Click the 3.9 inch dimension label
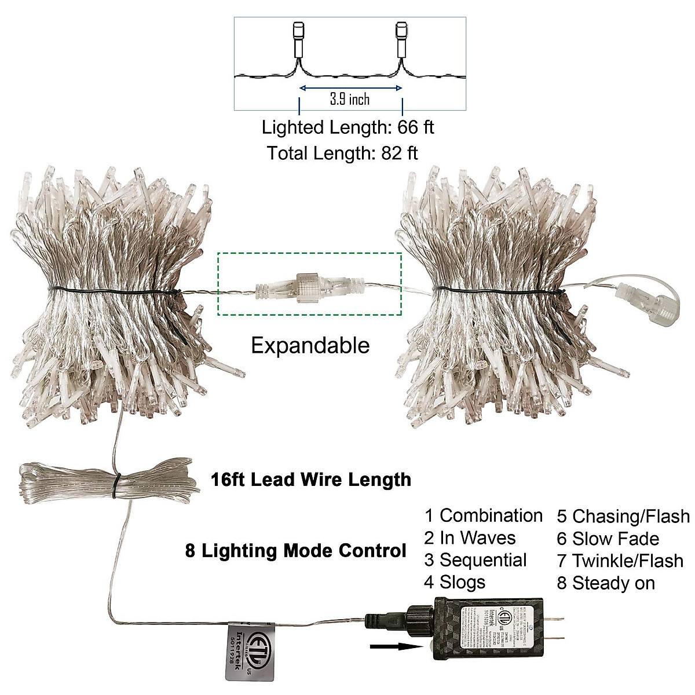[350, 99]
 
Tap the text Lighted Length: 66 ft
[348, 127]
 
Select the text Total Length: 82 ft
[342, 153]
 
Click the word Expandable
[310, 346]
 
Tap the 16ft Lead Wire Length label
[310, 480]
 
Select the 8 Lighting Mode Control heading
[295, 550]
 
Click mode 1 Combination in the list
[483, 515]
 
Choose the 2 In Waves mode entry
[469, 537]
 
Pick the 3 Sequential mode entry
[475, 560]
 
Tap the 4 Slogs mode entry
[455, 581]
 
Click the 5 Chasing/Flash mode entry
[623, 516]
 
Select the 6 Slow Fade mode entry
[608, 539]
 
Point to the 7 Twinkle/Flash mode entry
[620, 561]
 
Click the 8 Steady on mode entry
[605, 583]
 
